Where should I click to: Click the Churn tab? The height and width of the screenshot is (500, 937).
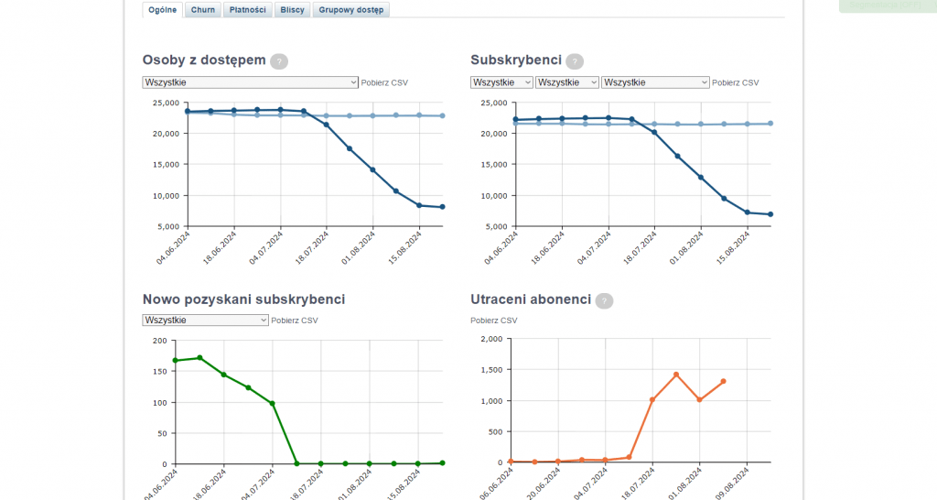tap(203, 10)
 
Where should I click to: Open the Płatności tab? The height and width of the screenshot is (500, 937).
tap(248, 10)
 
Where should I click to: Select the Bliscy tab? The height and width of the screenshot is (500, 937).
tap(293, 10)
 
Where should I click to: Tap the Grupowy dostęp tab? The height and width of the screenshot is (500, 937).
tap(352, 10)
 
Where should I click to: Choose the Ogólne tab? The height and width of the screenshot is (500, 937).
tap(162, 10)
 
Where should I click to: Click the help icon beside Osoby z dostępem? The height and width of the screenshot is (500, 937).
tap(279, 61)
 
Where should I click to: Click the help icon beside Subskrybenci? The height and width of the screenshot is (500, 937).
tap(575, 61)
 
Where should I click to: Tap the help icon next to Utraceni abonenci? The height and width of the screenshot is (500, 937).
tap(604, 300)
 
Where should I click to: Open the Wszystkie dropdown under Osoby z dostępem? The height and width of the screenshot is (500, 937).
tap(250, 82)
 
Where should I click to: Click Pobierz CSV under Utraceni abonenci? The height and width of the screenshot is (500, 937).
tap(493, 321)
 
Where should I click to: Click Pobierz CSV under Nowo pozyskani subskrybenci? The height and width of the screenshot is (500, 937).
tap(295, 321)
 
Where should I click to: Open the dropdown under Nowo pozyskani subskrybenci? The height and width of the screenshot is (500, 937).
tap(205, 321)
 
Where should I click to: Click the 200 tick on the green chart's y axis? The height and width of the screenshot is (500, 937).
tap(160, 341)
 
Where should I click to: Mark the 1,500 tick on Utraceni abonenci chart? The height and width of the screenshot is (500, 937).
tap(491, 370)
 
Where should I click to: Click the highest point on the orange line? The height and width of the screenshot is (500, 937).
tap(676, 375)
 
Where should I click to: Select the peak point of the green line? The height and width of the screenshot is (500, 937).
tap(199, 358)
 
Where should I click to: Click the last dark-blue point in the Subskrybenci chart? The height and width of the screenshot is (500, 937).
tap(770, 214)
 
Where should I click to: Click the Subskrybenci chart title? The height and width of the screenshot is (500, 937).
tap(516, 60)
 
